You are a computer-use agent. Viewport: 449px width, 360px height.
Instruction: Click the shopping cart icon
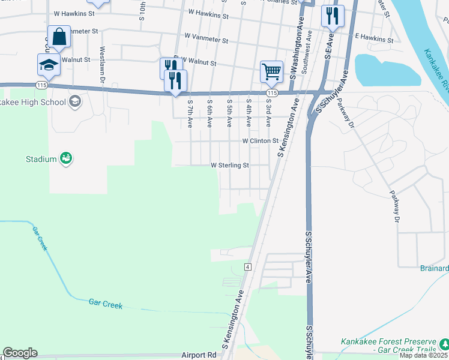coord(271,71)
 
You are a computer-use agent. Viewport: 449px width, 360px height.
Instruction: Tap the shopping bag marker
coord(59,36)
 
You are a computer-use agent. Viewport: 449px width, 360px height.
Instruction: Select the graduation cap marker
coord(49,64)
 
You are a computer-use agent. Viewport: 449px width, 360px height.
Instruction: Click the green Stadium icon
coord(66,159)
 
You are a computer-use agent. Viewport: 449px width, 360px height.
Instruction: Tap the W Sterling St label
coord(229,165)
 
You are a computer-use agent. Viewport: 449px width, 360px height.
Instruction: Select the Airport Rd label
coord(199,355)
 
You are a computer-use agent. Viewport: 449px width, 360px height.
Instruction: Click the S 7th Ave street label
coord(190,113)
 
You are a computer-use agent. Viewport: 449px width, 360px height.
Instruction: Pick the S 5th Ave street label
coord(229,113)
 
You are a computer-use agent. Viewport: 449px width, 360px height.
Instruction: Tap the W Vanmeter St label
coord(206,41)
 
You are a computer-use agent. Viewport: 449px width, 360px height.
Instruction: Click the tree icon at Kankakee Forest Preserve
coord(444,344)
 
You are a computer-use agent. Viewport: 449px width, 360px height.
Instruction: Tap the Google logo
coord(20,353)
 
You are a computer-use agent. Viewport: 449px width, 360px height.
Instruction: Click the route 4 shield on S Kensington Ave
coord(247,266)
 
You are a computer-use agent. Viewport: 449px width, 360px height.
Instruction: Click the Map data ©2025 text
coord(424,355)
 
